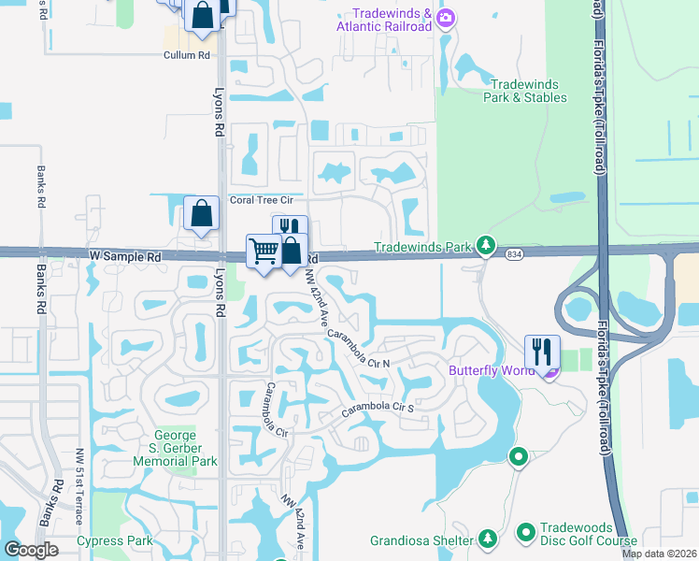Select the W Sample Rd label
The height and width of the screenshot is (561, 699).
[125, 255]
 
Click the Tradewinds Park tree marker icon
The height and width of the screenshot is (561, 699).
[486, 246]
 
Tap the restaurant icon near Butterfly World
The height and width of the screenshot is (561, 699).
[542, 351]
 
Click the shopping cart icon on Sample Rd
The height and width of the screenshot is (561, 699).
[264, 251]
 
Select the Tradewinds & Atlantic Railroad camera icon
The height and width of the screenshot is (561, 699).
[446, 17]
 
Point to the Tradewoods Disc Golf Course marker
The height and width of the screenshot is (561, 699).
[526, 532]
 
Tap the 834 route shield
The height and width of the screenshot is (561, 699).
[513, 253]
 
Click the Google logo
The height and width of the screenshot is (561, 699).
[31, 550]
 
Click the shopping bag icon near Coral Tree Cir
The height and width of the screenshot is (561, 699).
[202, 212]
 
